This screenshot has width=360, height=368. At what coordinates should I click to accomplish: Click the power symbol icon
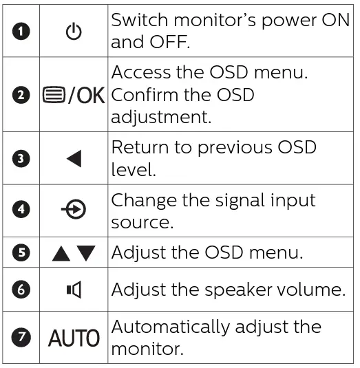coord(74,32)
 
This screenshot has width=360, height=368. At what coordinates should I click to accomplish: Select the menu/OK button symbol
coord(74,96)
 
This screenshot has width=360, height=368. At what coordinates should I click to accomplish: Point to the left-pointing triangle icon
coord(74,159)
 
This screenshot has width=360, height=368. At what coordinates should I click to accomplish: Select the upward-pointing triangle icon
coord(61,253)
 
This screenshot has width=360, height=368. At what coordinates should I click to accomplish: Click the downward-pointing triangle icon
coord(86,253)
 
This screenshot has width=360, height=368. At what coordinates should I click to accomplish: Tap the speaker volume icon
coord(74,290)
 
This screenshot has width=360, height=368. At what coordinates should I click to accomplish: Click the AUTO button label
coord(74,337)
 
